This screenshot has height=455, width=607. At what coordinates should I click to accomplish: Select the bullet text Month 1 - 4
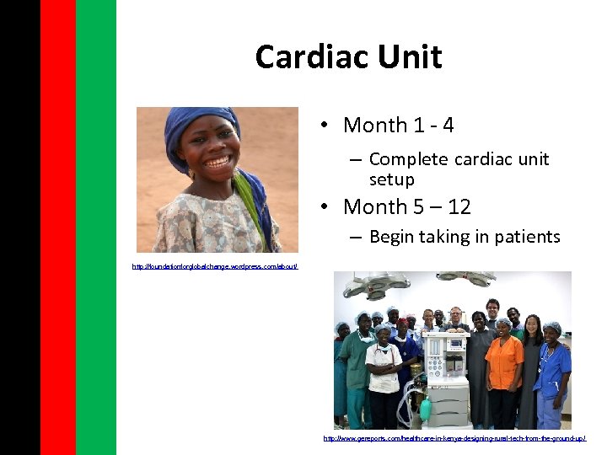[398, 126]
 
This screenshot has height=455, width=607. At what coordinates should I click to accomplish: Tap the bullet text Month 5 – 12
[406, 207]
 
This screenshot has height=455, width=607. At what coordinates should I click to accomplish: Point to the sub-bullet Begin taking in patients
[464, 237]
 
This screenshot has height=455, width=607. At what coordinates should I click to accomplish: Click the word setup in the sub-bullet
[391, 179]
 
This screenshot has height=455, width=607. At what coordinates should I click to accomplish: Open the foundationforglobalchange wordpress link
[215, 266]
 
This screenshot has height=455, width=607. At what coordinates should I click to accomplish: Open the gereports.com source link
[454, 438]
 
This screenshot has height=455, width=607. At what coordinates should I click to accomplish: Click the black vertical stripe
[19, 227]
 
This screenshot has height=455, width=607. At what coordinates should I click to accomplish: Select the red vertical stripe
[57, 227]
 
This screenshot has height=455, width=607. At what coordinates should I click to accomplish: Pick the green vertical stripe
[95, 227]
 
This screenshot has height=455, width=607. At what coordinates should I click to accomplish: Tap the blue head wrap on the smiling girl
[190, 122]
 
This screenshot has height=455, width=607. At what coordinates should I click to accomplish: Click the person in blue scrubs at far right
[552, 371]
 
